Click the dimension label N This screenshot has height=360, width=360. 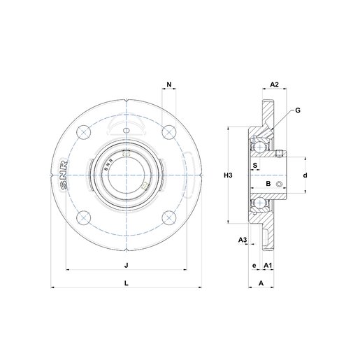click(168, 85)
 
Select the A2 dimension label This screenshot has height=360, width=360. click(275, 85)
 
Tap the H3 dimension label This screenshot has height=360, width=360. click(227, 175)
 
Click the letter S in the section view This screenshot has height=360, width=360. click(254, 166)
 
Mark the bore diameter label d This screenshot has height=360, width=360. click(305, 175)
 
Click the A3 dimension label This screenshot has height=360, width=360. click(243, 240)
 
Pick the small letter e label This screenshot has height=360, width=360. click(254, 266)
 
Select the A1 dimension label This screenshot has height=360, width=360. click(268, 266)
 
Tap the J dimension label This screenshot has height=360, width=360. click(126, 265)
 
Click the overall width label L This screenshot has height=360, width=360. click(126, 282)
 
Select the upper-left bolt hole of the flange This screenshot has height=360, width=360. click(84, 132)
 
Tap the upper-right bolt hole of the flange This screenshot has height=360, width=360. click(168, 132)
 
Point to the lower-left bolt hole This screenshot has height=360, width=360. click(84, 217)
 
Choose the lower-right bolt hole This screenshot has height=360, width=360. click(168, 217)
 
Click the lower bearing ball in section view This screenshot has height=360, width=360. click(260, 203)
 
